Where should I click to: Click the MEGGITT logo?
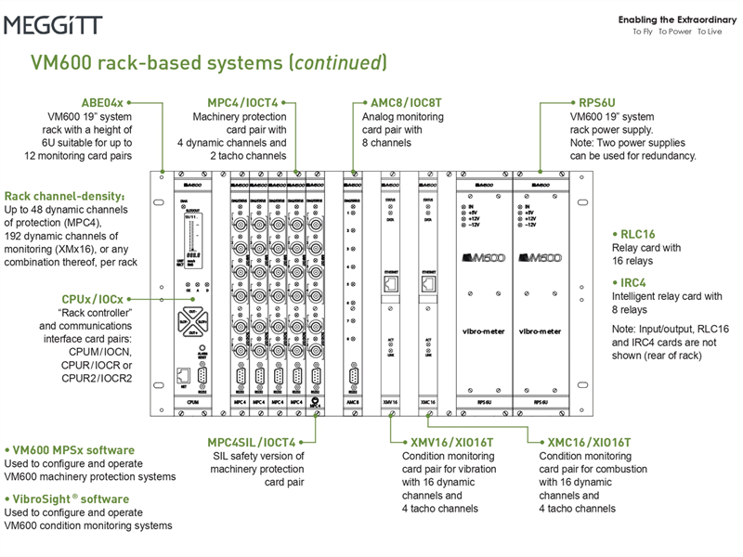53,25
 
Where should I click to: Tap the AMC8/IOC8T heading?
400,102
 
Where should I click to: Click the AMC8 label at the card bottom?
353,403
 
